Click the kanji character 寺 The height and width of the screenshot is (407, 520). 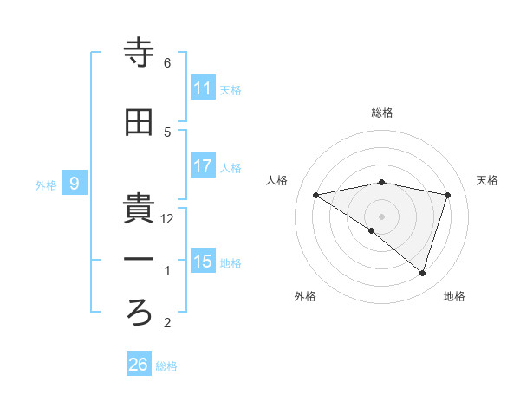pos(140,55)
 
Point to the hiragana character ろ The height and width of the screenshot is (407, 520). pos(140,313)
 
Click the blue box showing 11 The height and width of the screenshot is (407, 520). pos(203,88)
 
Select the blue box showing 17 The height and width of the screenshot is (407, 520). pos(203,166)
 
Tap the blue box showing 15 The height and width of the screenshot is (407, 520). pos(203,262)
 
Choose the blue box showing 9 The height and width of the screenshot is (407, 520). pos(75,184)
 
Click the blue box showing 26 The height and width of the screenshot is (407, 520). pos(139,365)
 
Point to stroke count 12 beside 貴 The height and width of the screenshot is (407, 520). pos(168,219)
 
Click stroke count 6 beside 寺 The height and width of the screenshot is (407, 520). pos(167,63)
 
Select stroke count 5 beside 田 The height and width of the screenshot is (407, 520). pos(167,132)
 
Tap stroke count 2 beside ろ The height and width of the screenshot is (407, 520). pos(167,324)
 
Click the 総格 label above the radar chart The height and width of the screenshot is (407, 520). pos(382,113)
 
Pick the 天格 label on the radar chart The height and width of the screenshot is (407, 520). pos(487,180)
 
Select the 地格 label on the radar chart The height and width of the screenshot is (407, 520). pos(454,296)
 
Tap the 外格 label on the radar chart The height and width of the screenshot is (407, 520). pos(305,296)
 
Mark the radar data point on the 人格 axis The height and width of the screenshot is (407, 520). pos(316,195)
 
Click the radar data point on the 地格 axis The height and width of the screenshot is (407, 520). pos(423,273)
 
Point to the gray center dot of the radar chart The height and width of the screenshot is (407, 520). pos(381,216)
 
